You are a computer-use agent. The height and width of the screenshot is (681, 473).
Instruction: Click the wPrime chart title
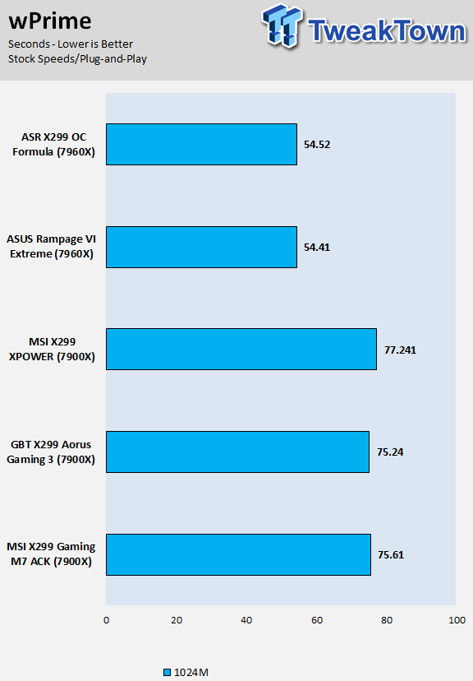50,21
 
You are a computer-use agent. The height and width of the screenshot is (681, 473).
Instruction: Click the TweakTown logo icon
282,25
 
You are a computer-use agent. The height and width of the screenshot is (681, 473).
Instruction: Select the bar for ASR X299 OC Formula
201,144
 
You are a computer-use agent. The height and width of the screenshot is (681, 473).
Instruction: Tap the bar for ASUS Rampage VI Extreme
201,247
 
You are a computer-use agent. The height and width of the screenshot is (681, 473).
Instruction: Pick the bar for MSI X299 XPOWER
241,350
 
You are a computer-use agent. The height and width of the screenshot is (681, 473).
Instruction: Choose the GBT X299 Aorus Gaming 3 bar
237,452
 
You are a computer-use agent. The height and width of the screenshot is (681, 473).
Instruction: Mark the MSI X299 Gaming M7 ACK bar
238,554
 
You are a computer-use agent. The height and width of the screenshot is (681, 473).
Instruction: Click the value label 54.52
317,145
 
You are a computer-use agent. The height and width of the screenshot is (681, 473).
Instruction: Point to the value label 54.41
317,247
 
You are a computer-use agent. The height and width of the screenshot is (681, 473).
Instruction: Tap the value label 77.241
400,350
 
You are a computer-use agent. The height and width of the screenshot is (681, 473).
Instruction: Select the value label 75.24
390,452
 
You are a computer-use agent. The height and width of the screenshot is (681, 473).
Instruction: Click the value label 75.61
391,555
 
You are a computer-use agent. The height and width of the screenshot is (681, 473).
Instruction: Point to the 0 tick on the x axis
106,620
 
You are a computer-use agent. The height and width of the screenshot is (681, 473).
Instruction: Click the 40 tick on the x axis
246,620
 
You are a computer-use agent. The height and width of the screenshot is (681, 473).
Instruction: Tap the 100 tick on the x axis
457,620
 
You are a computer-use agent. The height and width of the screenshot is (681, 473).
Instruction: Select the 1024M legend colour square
167,672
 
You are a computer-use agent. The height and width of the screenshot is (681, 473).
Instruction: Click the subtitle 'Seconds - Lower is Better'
71,44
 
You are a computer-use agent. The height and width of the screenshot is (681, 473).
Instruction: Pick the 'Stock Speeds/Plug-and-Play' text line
78,59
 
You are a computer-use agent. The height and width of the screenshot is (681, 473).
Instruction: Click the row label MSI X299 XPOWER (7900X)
52,350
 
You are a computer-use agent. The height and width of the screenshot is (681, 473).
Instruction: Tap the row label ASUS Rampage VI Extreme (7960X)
51,247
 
